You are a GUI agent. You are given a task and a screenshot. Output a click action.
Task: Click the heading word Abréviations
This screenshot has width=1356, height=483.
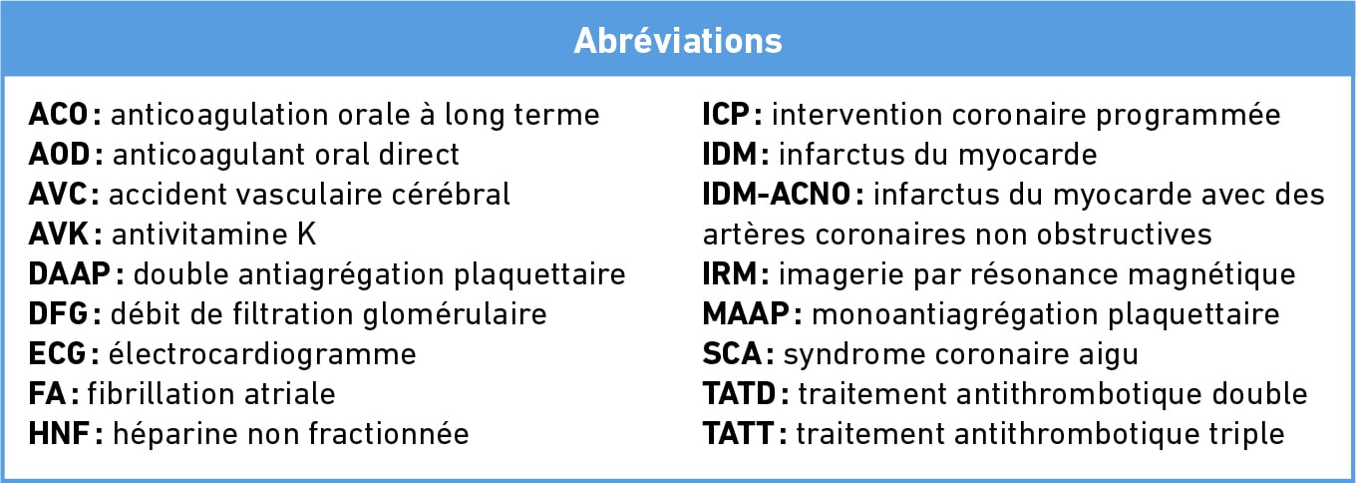pyautogui.click(x=678, y=41)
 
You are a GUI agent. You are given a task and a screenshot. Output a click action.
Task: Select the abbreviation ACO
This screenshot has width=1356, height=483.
pyautogui.click(x=59, y=115)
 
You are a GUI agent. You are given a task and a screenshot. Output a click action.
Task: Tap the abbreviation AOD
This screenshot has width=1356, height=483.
pyautogui.click(x=60, y=155)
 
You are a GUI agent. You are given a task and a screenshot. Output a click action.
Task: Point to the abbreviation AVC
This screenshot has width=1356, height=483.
pyautogui.click(x=58, y=195)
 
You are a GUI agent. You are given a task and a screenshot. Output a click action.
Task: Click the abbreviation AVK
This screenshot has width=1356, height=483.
pyautogui.click(x=59, y=235)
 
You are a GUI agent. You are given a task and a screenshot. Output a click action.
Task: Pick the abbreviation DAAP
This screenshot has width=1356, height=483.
pyautogui.click(x=70, y=273)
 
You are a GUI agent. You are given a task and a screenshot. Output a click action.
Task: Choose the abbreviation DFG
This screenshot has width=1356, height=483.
pyautogui.click(x=59, y=314)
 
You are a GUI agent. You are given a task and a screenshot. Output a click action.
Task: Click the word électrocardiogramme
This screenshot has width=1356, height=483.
pyautogui.click(x=262, y=355)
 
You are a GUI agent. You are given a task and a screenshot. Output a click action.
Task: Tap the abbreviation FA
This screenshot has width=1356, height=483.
pyautogui.click(x=47, y=394)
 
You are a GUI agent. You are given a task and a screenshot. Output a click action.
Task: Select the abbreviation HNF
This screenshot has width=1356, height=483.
pyautogui.click(x=60, y=434)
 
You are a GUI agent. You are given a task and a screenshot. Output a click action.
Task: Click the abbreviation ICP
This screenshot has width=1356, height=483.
pyautogui.click(x=726, y=115)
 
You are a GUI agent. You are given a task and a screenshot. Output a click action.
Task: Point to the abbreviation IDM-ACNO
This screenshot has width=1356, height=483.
pyautogui.click(x=777, y=195)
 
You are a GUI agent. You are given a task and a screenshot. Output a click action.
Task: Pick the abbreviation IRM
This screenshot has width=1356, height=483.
pyautogui.click(x=730, y=273)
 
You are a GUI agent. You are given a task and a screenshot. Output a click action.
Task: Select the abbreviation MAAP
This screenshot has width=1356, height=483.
pyautogui.click(x=746, y=314)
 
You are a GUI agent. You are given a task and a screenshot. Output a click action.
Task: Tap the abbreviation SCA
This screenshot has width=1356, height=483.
pyautogui.click(x=732, y=354)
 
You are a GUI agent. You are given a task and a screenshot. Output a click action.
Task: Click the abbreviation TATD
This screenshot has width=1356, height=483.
pyautogui.click(x=739, y=394)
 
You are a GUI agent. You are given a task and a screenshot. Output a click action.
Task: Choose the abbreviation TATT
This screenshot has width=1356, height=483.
pyautogui.click(x=738, y=434)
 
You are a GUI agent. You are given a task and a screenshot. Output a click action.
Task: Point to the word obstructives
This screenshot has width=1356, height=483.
pyautogui.click(x=1124, y=235)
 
